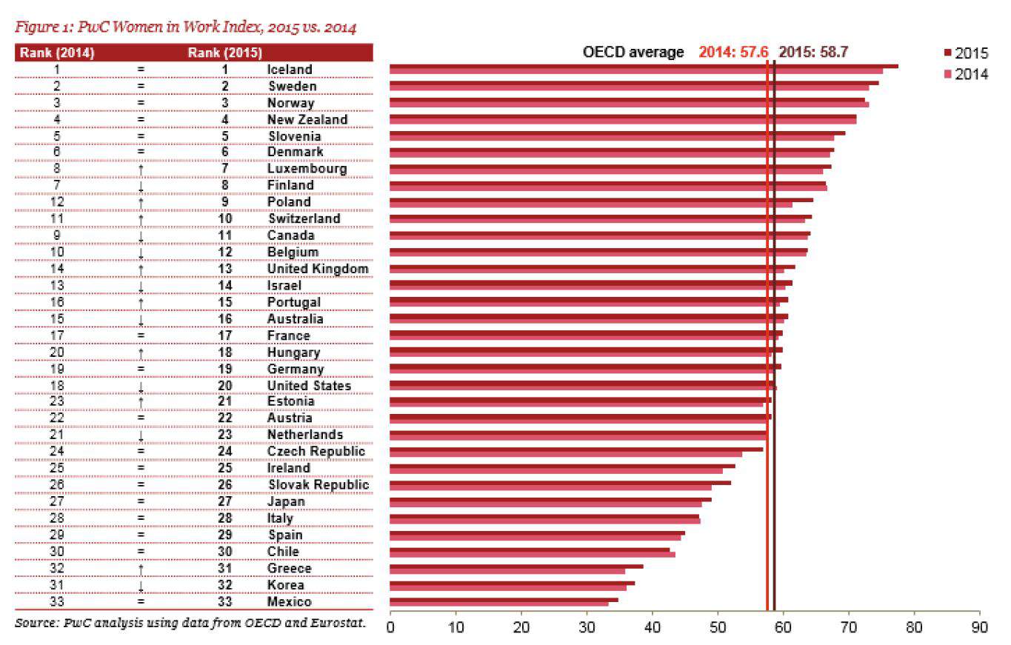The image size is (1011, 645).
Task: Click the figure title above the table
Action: [x=186, y=29]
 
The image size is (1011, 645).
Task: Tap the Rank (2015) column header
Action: [x=225, y=53]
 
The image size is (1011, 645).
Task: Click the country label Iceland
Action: [x=290, y=70]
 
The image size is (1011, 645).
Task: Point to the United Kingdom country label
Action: [x=318, y=269]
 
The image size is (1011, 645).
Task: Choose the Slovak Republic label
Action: [x=318, y=484]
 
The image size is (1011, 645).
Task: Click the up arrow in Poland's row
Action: [x=140, y=202]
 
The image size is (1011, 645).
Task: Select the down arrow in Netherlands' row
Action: [x=140, y=435]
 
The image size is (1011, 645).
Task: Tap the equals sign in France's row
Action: [x=140, y=335]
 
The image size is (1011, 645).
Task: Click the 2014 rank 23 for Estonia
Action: [x=57, y=401]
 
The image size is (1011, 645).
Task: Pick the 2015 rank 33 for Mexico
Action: [x=225, y=601]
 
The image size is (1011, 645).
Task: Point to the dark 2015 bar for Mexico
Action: [x=504, y=600]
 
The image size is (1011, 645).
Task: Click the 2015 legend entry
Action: [x=965, y=53]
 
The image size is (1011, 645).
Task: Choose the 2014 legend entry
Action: [x=965, y=74]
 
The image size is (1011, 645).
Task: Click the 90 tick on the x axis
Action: [x=980, y=627]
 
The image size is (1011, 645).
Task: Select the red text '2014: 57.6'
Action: [x=733, y=53]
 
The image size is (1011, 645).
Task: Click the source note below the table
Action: [x=190, y=622]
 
